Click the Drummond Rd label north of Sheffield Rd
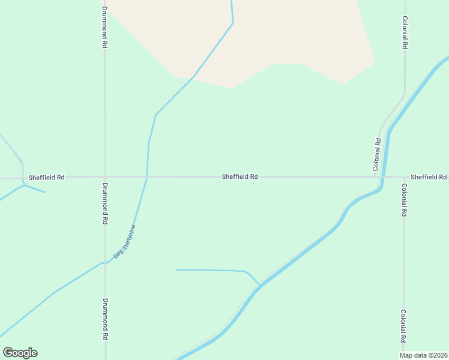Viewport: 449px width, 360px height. (x=104, y=28)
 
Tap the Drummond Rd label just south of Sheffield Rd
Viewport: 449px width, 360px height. (x=104, y=203)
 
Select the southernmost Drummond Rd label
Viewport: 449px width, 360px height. (x=104, y=319)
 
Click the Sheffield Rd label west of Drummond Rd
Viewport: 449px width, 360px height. (x=46, y=178)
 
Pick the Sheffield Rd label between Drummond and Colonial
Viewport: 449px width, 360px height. (x=240, y=177)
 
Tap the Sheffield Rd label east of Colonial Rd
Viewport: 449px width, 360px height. (x=429, y=177)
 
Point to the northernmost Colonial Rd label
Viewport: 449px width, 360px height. (x=405, y=32)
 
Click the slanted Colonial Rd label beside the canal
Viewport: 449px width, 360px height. (x=378, y=155)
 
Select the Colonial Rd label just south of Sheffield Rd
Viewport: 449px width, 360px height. (x=404, y=200)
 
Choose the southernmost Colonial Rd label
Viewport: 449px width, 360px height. (x=404, y=326)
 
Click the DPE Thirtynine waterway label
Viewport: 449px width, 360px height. (x=125, y=242)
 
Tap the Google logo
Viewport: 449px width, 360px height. (x=20, y=353)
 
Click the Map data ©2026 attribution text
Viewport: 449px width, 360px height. (x=424, y=355)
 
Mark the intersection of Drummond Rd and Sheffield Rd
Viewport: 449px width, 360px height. (x=105, y=177)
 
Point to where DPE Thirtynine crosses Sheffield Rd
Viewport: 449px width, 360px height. (x=146, y=177)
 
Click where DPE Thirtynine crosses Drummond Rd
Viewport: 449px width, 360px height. (x=105, y=262)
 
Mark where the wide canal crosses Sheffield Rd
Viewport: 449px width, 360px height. (x=384, y=177)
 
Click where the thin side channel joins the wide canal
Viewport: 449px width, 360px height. (x=260, y=284)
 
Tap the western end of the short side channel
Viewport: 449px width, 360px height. (x=176, y=269)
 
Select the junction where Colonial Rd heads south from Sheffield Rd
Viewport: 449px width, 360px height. (x=403, y=177)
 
